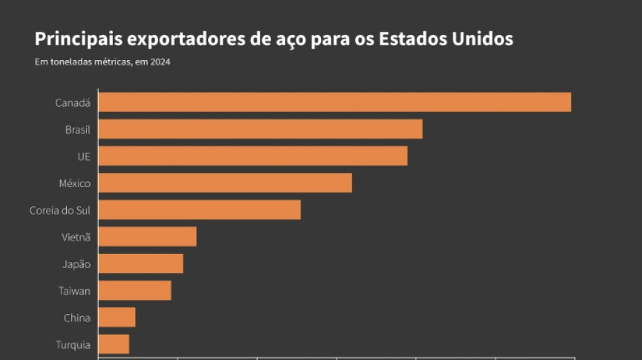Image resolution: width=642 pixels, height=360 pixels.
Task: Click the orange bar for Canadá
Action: click(x=335, y=102)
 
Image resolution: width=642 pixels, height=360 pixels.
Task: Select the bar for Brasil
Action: click(x=260, y=129)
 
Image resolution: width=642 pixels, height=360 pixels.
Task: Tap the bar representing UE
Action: click(x=253, y=156)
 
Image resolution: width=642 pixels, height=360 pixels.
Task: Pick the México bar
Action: click(x=225, y=183)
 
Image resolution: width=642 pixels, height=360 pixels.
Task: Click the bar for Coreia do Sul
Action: click(x=199, y=210)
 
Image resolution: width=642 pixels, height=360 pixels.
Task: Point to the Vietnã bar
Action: click(x=147, y=237)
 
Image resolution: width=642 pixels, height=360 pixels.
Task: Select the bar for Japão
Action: click(x=141, y=264)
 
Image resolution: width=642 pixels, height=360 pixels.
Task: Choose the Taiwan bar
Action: click(x=134, y=291)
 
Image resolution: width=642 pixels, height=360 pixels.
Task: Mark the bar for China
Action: click(x=117, y=317)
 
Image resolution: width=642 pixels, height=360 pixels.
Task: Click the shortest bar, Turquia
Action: click(x=114, y=344)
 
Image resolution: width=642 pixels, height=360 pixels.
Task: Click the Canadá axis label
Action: click(x=72, y=103)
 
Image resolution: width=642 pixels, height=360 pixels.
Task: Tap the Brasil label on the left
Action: click(x=77, y=130)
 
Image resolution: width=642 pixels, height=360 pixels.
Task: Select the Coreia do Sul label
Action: click(x=59, y=211)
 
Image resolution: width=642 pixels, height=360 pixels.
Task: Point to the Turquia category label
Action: click(x=72, y=345)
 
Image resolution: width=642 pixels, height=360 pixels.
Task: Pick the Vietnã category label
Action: click(x=76, y=238)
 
